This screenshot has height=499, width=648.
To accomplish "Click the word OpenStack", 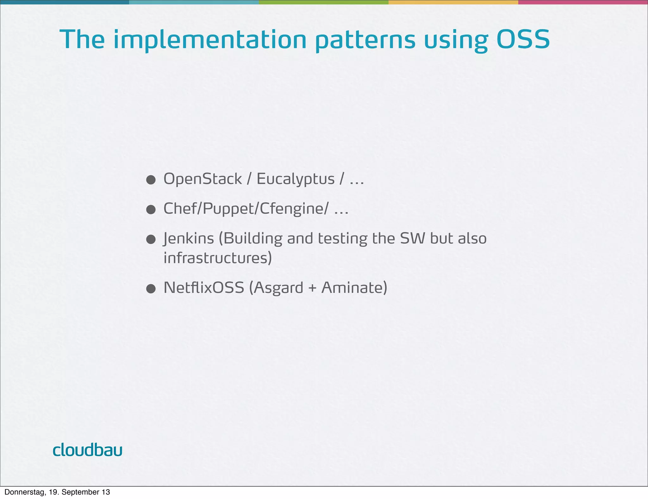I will (202, 179).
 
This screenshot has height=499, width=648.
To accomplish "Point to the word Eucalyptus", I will (296, 180).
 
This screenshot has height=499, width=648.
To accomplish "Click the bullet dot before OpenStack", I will (151, 180).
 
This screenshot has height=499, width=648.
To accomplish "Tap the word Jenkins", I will (189, 238).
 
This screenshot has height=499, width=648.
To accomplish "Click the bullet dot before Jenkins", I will (151, 239).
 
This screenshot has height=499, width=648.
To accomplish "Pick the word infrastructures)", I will (218, 258).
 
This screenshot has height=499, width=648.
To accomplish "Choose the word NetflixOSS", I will (204, 287).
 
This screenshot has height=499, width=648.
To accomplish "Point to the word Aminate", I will (354, 287).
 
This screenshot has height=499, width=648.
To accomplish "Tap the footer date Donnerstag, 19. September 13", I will (57, 492).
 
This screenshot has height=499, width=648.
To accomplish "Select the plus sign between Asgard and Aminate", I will (312, 288).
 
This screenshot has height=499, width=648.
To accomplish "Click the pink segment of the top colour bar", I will (583, 2).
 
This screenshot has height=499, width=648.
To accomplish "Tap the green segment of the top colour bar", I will (323, 2).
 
